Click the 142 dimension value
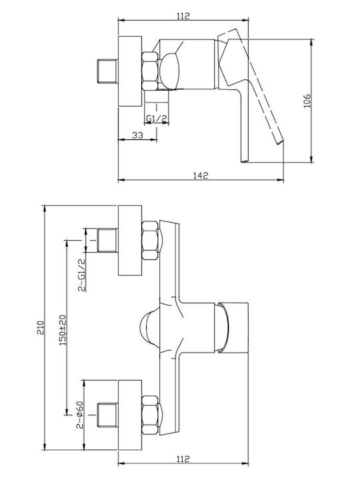tap(201, 175)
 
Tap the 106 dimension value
tap(307, 101)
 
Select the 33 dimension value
tap(137, 135)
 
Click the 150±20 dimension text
tap(63, 330)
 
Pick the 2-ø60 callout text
tap(80, 415)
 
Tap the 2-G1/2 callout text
tap(82, 275)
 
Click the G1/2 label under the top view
tap(157, 119)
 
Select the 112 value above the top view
tap(183, 15)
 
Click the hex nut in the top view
tap(150, 71)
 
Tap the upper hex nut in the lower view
tap(150, 240)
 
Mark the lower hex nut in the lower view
tap(150, 415)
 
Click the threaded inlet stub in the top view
tap(108, 71)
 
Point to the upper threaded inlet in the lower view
tap(108, 240)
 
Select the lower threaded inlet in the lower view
tap(108, 415)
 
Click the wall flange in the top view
tap(130, 71)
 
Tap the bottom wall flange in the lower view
tap(130, 415)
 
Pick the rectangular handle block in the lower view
tap(234, 328)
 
